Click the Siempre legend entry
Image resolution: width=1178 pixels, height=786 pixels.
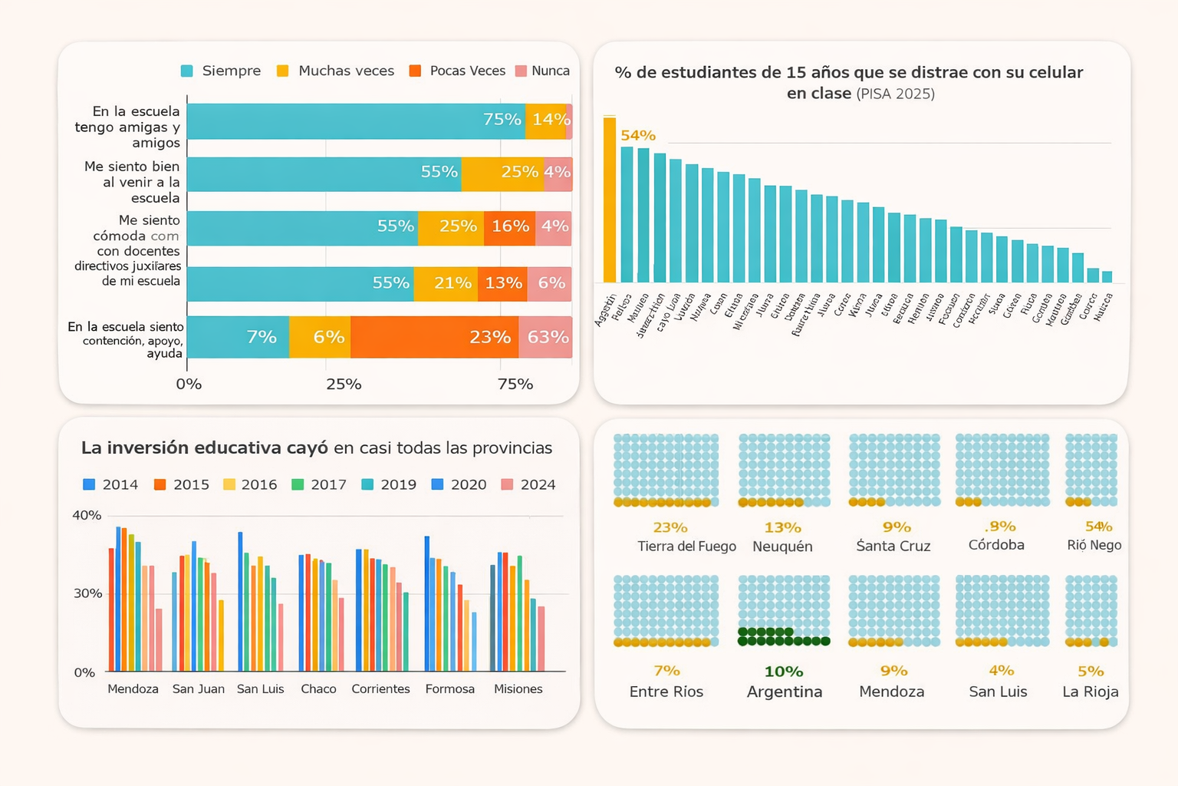[x=221, y=71]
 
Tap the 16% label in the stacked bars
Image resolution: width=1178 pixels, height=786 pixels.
[x=510, y=226]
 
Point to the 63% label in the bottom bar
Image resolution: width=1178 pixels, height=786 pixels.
[x=548, y=337]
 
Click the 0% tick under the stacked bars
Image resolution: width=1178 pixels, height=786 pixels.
[x=189, y=384]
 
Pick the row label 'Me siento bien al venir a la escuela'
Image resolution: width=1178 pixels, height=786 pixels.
[x=132, y=182]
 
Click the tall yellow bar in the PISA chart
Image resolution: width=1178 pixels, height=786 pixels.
[x=610, y=200]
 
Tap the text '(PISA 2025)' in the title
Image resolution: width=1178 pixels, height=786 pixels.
[x=895, y=94]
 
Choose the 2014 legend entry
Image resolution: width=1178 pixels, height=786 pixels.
[x=110, y=484]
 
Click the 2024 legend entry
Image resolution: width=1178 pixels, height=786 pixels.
[x=528, y=484]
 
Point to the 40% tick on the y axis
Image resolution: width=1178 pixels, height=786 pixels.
[x=87, y=515]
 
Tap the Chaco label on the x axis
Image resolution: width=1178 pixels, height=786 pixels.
[x=318, y=689]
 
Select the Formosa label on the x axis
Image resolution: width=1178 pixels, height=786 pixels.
[x=449, y=689]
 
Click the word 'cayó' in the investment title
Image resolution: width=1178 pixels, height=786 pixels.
[x=307, y=447]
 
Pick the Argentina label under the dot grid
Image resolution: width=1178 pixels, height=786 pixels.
[x=784, y=692]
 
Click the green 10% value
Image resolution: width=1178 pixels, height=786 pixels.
[x=783, y=672]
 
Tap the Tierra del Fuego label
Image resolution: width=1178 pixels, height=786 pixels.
[x=686, y=546]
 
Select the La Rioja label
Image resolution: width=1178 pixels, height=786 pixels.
[x=1090, y=692]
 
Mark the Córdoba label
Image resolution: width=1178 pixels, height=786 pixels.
[x=996, y=545]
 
